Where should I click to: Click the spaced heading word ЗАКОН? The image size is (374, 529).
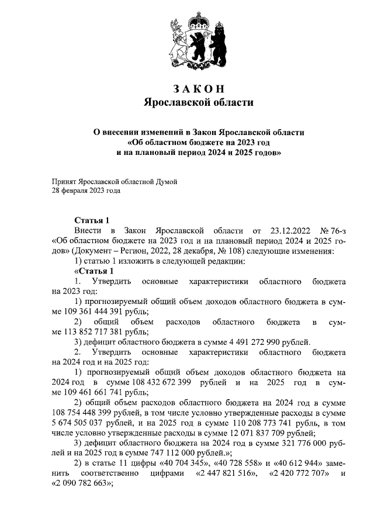tap(199, 89)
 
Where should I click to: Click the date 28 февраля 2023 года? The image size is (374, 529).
tap(86, 191)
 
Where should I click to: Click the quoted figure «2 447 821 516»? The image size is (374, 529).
tap(230, 472)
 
